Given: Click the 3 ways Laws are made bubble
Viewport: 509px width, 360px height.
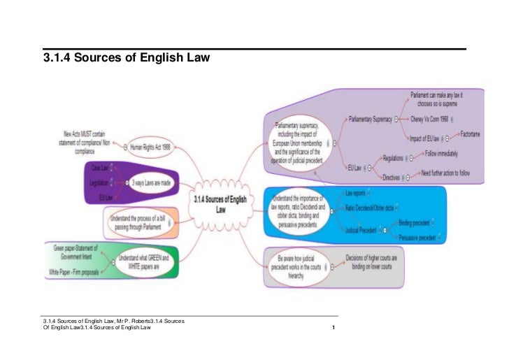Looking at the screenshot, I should pos(151,183).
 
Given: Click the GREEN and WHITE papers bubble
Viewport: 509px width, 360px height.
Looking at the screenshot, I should pos(148,261).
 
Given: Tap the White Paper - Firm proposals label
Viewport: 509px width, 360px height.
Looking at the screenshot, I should pos(76,271).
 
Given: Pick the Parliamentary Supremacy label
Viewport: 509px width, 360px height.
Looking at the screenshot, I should pos(370,119).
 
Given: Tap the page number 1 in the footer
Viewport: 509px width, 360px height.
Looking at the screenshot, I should pos(336,329).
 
